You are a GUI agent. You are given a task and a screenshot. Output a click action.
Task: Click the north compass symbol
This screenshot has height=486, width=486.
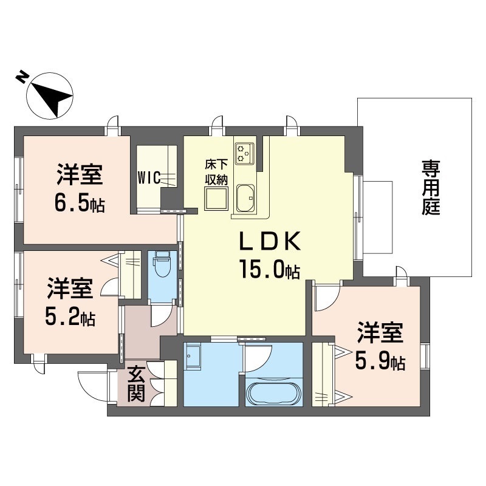coord(50,95)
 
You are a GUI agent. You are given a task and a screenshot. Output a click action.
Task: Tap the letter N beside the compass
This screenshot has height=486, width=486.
coord(21,77)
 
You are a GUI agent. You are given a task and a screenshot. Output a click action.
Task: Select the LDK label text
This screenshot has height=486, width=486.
coord(270,241)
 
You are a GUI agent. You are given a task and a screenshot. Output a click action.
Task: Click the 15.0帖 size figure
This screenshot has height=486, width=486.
coord(269,269)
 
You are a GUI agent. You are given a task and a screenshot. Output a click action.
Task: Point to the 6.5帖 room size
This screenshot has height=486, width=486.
coord(80,203)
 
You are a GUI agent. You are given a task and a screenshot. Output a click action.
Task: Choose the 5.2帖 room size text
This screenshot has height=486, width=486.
coord(70,317)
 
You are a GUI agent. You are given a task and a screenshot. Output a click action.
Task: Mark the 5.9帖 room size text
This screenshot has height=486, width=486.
coord(380,361)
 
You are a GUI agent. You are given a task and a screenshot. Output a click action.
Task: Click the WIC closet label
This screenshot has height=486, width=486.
coord(149,178)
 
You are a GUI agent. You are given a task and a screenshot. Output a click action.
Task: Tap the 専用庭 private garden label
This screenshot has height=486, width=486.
coord(431,187)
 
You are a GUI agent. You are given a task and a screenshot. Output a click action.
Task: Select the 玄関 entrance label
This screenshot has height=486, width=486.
coord(136,384)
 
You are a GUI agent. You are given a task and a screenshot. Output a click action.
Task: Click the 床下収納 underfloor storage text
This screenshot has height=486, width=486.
coord(216,172)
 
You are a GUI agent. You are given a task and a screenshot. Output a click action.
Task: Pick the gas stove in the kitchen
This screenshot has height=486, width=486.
coord(245,153)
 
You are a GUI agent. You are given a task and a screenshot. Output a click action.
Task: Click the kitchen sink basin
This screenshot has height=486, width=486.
coord(245,198)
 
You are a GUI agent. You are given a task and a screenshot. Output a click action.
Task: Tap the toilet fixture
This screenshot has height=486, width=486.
coord(162,265)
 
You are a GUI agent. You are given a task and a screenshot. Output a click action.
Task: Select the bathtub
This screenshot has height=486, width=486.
coord(273,393)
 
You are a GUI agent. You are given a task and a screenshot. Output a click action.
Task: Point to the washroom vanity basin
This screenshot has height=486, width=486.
coord(193,356)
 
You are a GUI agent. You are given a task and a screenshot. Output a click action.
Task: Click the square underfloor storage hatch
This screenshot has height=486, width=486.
coord(216,199)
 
